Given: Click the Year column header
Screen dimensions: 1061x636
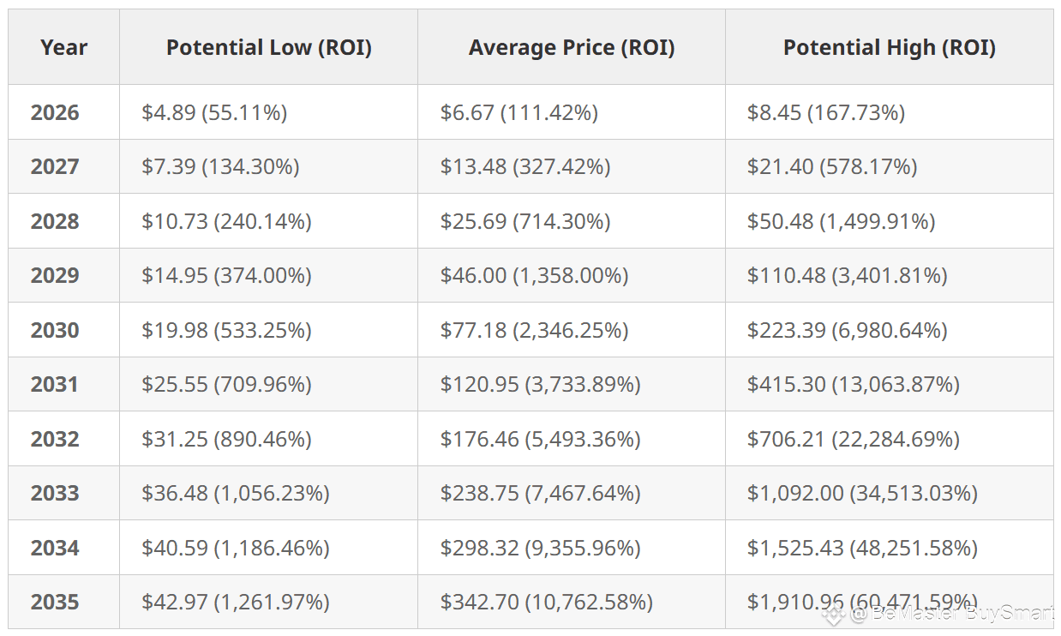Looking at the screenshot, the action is click(x=64, y=47).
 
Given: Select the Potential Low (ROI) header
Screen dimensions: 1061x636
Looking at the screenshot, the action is click(x=268, y=47).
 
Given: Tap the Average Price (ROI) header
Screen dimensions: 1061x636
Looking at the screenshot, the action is click(x=572, y=47).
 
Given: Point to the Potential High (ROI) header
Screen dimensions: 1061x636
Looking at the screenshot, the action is click(x=889, y=47).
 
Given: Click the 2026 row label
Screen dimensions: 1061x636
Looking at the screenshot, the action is click(x=55, y=112).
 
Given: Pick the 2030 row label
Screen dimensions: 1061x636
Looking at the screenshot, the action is click(x=55, y=330).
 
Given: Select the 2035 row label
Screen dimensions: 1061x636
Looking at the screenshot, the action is click(x=55, y=602).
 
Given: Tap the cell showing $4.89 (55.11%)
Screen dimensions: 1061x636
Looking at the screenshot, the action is click(x=214, y=112).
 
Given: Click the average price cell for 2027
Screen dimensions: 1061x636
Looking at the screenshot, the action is click(x=525, y=166).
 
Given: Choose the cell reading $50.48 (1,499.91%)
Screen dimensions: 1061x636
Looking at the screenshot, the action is click(x=842, y=222).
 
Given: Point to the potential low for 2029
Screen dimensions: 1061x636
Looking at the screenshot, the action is click(x=226, y=276).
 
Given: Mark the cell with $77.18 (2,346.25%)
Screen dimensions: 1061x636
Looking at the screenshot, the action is click(x=534, y=330).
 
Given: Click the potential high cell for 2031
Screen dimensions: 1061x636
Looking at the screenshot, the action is click(x=853, y=384).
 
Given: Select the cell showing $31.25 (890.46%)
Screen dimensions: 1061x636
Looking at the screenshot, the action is click(x=226, y=439).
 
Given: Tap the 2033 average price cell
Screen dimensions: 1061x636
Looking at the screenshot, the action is click(x=541, y=493).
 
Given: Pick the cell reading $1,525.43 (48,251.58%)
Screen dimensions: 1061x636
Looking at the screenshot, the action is click(x=862, y=548).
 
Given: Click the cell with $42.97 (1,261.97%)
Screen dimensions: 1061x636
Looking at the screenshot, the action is click(x=236, y=602).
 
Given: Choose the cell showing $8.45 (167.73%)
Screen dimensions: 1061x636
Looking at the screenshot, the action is click(x=826, y=112).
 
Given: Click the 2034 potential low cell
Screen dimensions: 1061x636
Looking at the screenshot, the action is click(x=236, y=548).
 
